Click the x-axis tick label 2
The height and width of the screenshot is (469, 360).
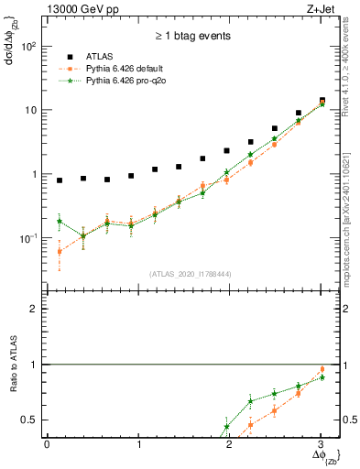tap(229, 444)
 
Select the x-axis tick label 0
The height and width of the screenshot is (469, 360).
tap(47, 444)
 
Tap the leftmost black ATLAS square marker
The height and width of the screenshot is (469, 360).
tap(60, 180)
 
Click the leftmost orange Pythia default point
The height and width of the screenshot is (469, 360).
tap(60, 251)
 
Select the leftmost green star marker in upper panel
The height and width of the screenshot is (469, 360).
tap(60, 221)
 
